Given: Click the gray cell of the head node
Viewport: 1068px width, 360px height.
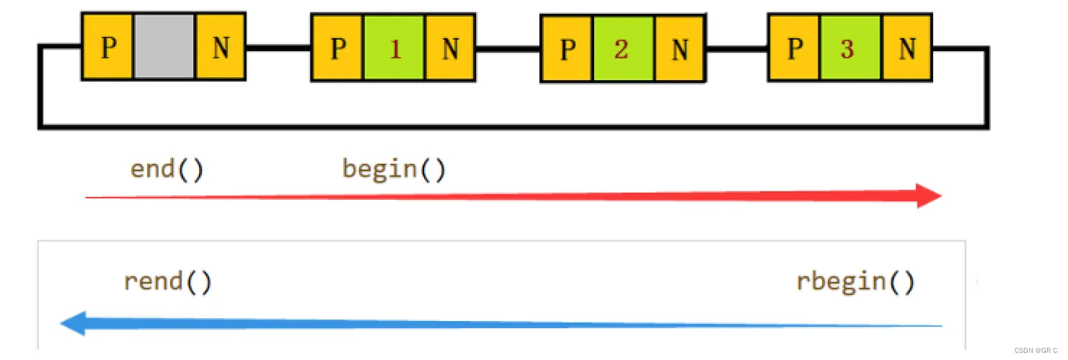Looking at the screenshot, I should coord(164,47).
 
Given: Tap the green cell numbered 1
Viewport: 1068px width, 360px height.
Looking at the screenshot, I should coord(394,49).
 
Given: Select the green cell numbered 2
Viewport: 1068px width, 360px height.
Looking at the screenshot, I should coord(623,50).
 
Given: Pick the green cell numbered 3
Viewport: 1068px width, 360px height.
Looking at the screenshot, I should coord(851,48).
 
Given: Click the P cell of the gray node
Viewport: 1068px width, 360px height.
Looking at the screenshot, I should coord(108,47).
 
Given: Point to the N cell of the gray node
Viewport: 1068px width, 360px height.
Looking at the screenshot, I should coord(220,47).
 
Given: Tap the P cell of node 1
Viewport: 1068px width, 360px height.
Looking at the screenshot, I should coord(338,49).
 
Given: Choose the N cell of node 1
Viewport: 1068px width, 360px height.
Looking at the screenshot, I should coord(451,49).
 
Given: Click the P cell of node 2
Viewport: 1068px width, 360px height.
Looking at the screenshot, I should coord(567,50).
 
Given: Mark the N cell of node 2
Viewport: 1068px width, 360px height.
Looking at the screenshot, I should coord(680,50).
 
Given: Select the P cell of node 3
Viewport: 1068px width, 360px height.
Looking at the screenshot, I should coord(795,48).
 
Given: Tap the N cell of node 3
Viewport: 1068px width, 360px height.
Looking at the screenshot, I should coord(907,48).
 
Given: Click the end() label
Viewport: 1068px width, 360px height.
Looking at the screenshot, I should coord(167,169).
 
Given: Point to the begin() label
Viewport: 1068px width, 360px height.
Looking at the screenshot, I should coord(394,169).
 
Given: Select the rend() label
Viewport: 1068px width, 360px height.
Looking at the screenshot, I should coord(167,281).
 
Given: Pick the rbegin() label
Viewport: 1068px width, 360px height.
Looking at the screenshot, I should coord(855,281).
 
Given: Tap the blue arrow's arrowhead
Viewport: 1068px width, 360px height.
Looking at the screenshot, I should coord(73,323).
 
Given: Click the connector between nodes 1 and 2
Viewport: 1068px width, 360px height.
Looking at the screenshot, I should coord(507,49).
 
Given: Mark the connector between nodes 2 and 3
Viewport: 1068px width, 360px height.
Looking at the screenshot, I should coord(736,50).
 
